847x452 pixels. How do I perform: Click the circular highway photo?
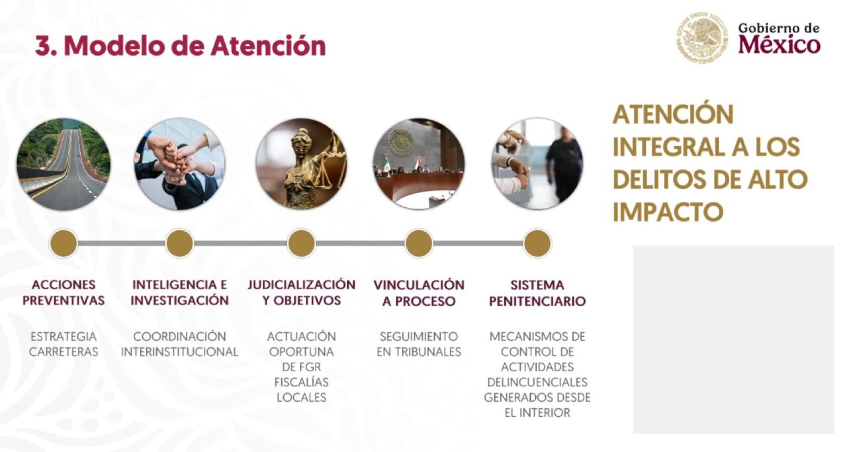coord(63,164)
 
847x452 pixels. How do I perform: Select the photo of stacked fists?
coord(180,164)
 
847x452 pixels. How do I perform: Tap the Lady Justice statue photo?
coord(301,164)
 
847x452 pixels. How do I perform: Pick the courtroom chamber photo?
coord(419,164)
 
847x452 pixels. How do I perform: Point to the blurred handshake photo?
coord(537,164)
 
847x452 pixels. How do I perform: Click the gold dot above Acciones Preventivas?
coord(63,244)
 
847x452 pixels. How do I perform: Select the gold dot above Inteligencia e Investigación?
coord(180,244)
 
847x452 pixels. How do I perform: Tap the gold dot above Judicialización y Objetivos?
coord(301,244)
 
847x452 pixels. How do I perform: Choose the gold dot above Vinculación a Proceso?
coord(419,244)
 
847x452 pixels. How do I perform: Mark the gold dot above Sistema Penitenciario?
coord(537,244)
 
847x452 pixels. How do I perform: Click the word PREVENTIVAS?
coord(63,300)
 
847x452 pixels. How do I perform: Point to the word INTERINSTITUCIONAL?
coord(180,352)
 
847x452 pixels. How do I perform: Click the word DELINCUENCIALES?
coord(537,382)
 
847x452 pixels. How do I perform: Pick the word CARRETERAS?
coord(63,352)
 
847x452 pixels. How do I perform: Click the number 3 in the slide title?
coord(42,46)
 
